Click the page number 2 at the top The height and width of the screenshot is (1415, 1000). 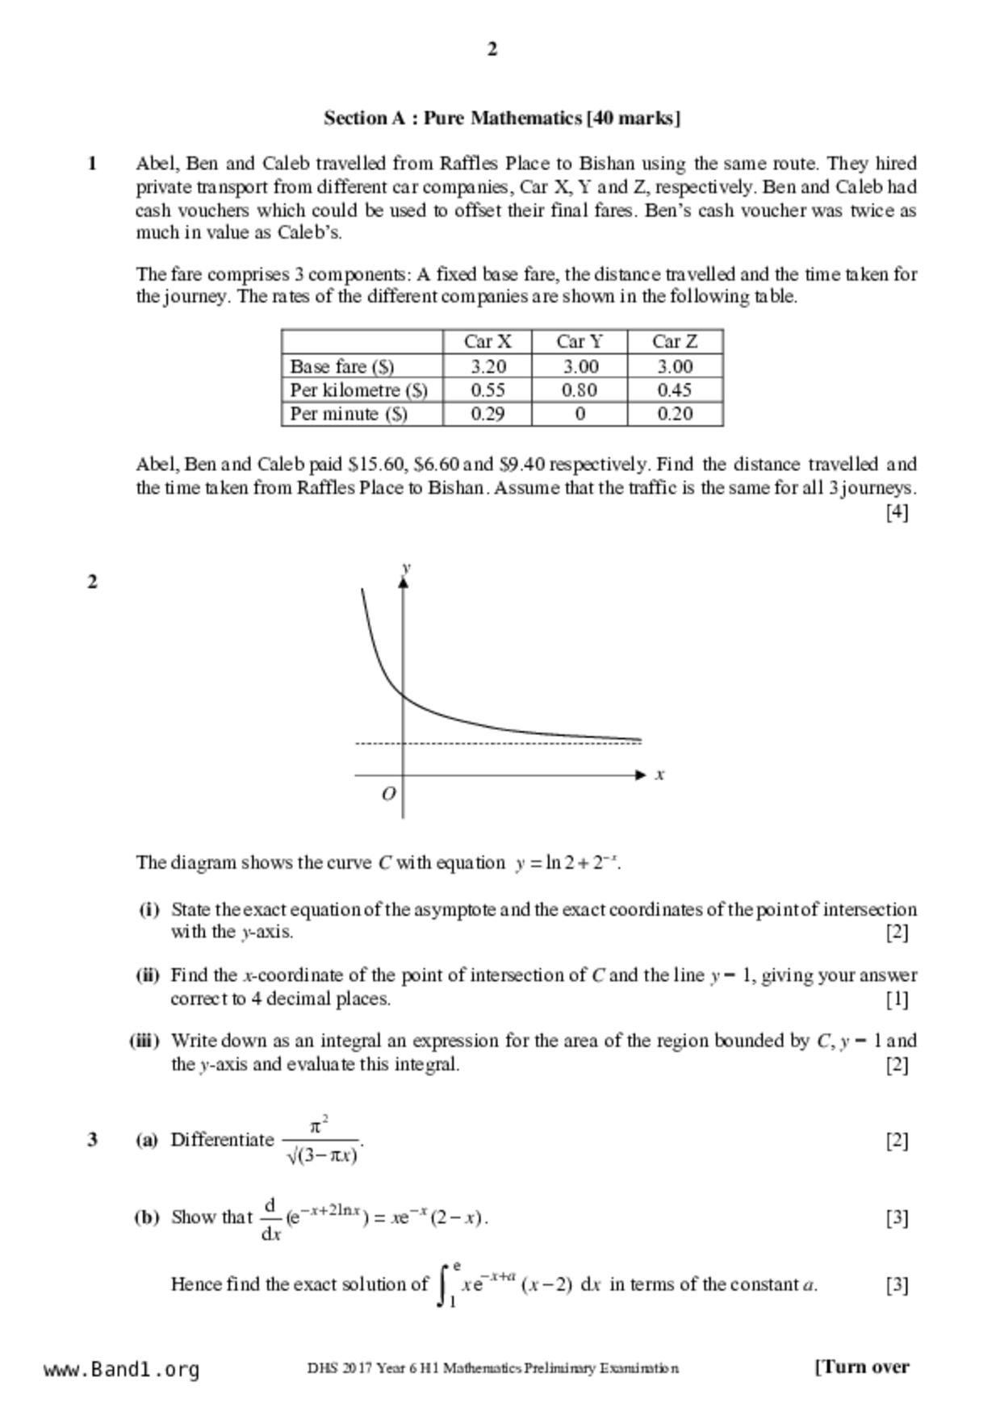pos(492,49)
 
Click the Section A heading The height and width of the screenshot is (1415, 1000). pos(502,119)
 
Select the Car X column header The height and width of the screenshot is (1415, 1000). pos(487,341)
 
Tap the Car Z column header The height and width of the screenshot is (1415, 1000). pos(675,341)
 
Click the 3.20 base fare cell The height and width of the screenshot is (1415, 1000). pos(487,366)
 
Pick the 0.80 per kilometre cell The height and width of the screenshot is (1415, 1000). pos(579,390)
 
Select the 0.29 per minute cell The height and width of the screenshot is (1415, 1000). pos(487,414)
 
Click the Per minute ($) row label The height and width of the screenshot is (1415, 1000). pos(349,414)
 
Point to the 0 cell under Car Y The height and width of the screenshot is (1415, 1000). pos(579,414)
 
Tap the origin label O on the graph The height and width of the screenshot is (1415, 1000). pos(388,794)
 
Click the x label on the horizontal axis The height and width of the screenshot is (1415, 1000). pos(659,774)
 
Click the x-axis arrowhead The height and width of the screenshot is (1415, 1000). pos(641,774)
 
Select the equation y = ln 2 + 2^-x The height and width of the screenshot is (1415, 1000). pos(567,862)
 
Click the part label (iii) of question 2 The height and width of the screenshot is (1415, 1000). pos(145,1041)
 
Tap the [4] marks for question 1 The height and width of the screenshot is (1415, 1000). pos(897,511)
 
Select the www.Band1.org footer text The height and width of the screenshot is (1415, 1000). pos(122,1369)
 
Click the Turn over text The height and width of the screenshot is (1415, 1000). pos(862,1367)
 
